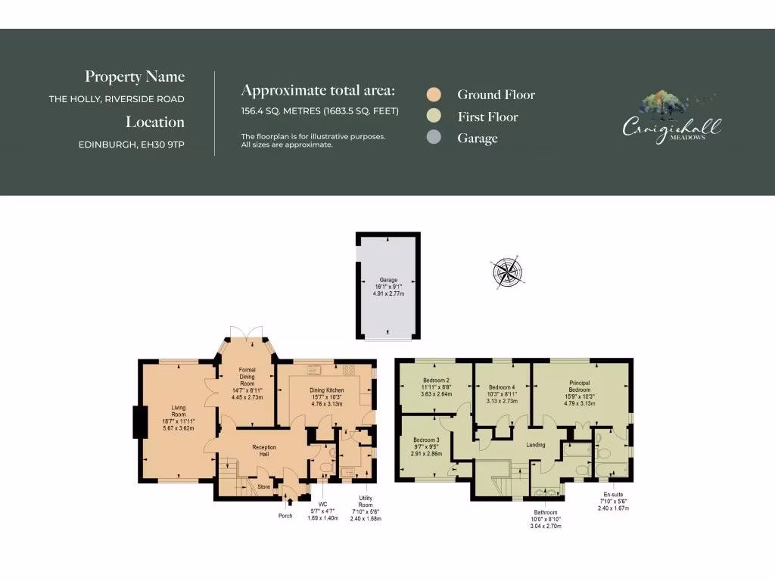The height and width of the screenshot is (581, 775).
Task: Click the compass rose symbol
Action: click(x=508, y=273)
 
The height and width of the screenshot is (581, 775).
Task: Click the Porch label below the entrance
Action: click(x=285, y=516)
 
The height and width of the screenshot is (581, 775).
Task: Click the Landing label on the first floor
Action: click(x=536, y=445)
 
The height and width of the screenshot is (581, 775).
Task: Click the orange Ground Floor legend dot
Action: click(x=434, y=95)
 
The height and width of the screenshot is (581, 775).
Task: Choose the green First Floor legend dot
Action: click(x=434, y=117)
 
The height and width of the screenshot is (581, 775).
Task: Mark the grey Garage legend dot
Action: click(x=434, y=138)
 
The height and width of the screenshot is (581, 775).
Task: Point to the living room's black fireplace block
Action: click(x=139, y=422)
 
